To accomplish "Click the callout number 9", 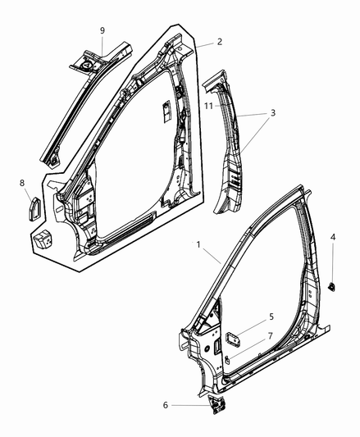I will click(x=103, y=30).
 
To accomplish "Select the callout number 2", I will click(x=219, y=42).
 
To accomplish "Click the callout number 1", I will click(x=197, y=245).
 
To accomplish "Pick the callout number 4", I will click(x=332, y=237).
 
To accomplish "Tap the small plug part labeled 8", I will click(x=35, y=207).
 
